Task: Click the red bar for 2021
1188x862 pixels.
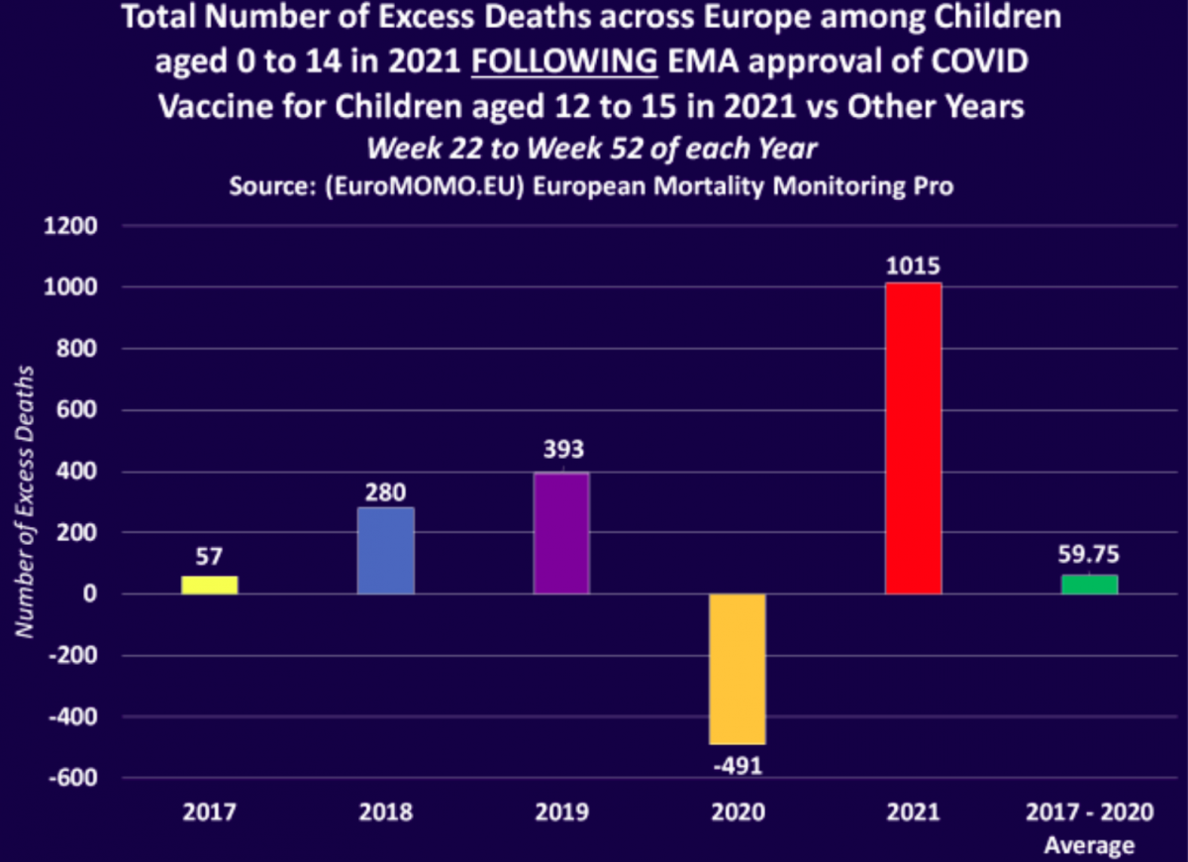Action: tap(913, 439)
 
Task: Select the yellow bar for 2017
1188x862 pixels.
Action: tap(209, 585)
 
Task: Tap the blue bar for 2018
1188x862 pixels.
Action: tap(385, 551)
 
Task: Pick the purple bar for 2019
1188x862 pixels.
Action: tap(561, 533)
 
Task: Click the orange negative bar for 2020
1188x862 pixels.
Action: tap(738, 669)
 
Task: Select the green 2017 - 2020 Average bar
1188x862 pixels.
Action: tap(1089, 584)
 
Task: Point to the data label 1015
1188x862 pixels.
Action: tap(913, 268)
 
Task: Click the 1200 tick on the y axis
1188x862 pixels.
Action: tap(69, 226)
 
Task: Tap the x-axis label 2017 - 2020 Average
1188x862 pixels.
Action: tap(1089, 828)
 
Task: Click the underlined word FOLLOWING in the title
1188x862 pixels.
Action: tap(564, 61)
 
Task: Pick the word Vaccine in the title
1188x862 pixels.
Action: tap(216, 106)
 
